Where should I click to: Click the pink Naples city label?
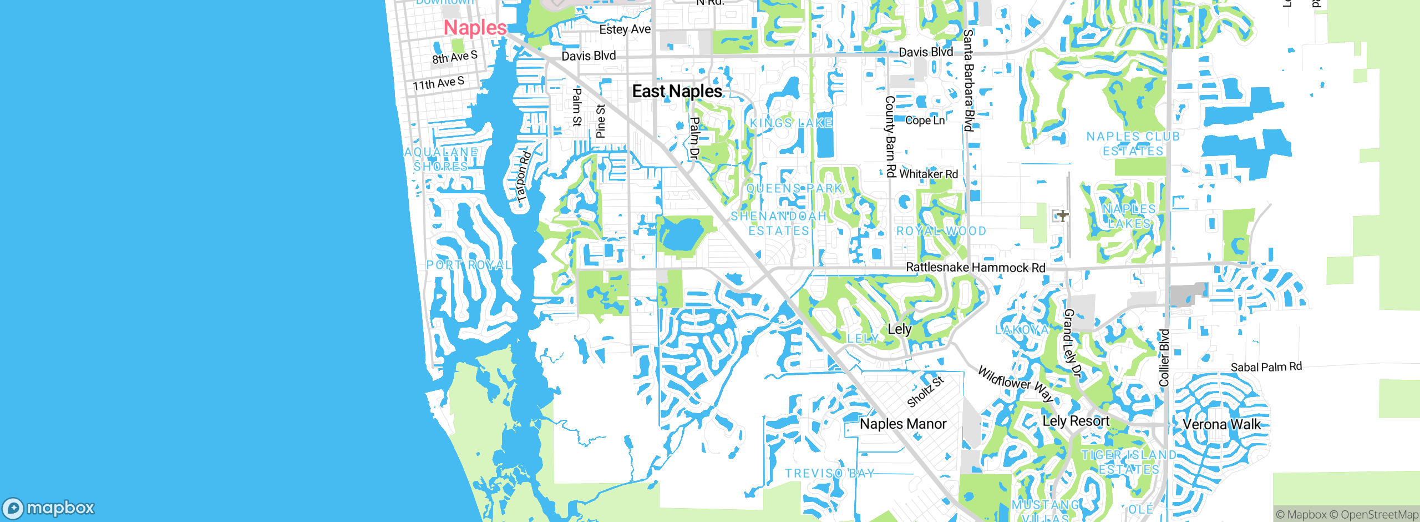[475, 28]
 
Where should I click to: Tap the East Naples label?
[677, 91]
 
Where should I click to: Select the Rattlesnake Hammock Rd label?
[975, 268]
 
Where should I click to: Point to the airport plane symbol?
[1062, 215]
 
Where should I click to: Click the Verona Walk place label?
[1221, 425]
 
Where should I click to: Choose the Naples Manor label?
[902, 424]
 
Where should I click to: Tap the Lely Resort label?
[1076, 421]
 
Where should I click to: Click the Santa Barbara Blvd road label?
[968, 80]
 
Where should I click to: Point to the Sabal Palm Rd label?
[1266, 367]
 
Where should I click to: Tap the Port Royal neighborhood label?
[469, 265]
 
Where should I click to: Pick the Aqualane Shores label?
[441, 159]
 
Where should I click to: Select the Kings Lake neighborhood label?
[791, 123]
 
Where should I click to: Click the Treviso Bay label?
[829, 473]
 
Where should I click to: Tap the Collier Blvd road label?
[1164, 358]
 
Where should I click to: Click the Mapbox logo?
[49, 508]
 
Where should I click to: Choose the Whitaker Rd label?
[928, 174]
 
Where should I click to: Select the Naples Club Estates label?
[1133, 143]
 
